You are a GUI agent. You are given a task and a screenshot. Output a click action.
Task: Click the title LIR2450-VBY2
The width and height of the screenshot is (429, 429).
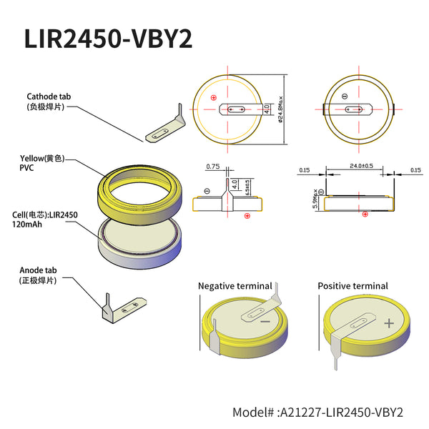[108, 39]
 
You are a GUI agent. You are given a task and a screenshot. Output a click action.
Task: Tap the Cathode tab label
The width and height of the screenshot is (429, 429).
[49, 97]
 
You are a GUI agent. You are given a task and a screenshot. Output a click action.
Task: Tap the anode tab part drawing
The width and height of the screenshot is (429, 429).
[126, 309]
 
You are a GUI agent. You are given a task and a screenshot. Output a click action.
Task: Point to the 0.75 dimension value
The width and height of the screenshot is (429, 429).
[212, 167]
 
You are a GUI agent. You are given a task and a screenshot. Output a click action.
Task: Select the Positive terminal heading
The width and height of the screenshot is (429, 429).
[352, 286]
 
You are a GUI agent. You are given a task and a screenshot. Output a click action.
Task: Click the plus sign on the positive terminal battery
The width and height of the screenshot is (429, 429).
[388, 323]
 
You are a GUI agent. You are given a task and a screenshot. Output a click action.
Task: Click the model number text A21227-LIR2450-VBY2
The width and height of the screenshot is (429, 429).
[318, 413]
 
